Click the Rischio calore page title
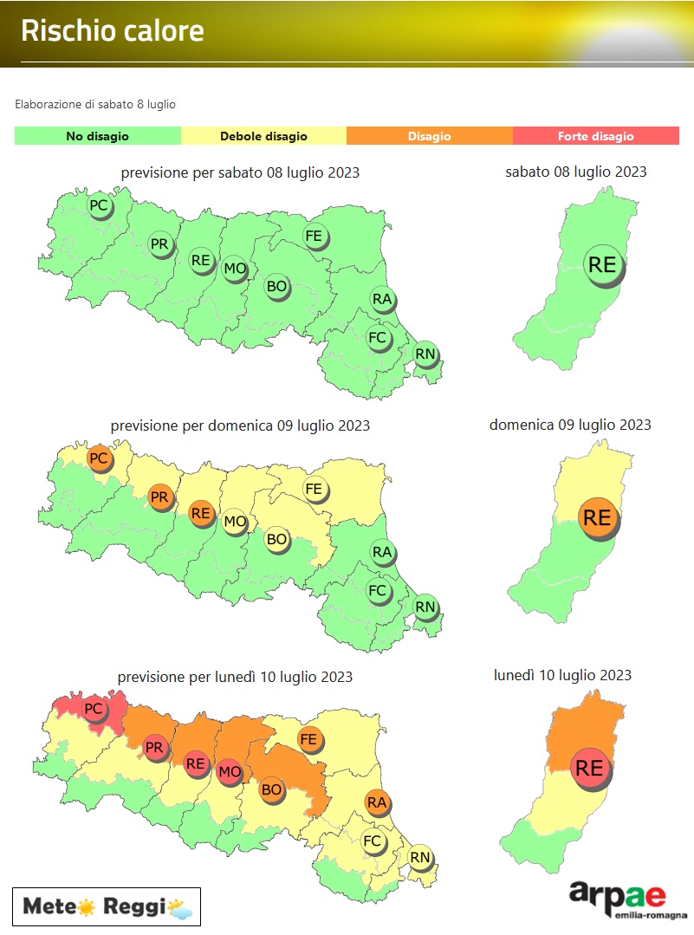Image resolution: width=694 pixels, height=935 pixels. [113, 31]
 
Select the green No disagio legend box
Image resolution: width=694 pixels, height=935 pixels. [97, 136]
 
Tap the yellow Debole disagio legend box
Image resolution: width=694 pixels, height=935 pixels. [263, 136]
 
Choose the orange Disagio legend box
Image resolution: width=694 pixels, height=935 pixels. [429, 136]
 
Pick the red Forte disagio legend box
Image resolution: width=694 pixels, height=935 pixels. [595, 136]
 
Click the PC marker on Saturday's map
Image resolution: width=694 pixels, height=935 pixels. [99, 206]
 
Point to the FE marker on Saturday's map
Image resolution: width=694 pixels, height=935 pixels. [314, 235]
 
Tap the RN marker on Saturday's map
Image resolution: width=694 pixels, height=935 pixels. [425, 354]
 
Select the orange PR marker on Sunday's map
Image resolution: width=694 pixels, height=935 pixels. [159, 497]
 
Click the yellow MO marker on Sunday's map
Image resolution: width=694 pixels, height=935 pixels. [234, 522]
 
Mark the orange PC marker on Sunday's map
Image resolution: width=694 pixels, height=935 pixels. [99, 458]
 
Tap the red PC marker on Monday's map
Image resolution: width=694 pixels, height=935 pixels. [93, 709]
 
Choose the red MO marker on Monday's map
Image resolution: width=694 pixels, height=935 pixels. [229, 771]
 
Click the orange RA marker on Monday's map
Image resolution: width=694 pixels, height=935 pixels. [376, 802]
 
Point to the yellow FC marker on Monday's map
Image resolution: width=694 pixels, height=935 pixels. [373, 841]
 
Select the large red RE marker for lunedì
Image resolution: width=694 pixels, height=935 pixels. [589, 768]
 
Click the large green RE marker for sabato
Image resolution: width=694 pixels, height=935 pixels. [601, 264]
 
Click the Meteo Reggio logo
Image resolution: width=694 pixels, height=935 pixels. [107, 907]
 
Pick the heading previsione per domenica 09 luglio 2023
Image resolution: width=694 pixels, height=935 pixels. [240, 425]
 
